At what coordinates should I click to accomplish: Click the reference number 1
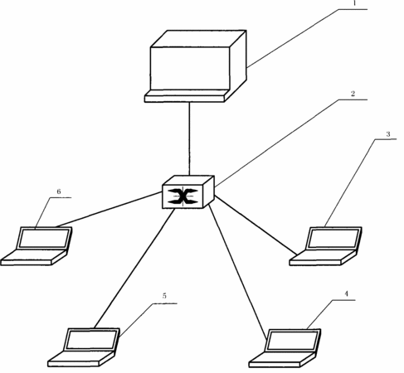pyautogui.click(x=354, y=3)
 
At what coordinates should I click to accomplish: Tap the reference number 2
pyautogui.click(x=353, y=94)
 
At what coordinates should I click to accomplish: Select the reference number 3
pyautogui.click(x=388, y=134)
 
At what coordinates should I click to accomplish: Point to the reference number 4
pyautogui.click(x=346, y=293)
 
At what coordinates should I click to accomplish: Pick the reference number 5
pyautogui.click(x=164, y=296)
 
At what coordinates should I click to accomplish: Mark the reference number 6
pyautogui.click(x=59, y=191)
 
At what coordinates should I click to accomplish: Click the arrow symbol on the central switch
pyautogui.click(x=183, y=196)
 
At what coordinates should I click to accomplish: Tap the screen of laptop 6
pyautogui.click(x=44, y=239)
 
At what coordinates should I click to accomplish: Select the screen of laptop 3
pyautogui.click(x=334, y=238)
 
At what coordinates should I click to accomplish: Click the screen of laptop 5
pyautogui.click(x=91, y=340)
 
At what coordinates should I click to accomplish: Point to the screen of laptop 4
pyautogui.click(x=292, y=341)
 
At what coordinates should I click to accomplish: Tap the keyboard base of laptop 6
pyautogui.click(x=34, y=258)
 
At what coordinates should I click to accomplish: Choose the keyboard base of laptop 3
pyautogui.click(x=323, y=258)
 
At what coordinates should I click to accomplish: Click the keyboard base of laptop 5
pyautogui.click(x=81, y=359)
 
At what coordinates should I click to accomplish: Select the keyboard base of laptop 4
pyautogui.click(x=282, y=360)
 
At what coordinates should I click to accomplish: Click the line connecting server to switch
pyautogui.click(x=189, y=138)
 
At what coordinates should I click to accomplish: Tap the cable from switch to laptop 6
pyautogui.click(x=109, y=210)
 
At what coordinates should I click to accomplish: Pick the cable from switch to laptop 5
pyautogui.click(x=134, y=269)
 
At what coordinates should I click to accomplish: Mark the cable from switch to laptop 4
pyautogui.click(x=238, y=272)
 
